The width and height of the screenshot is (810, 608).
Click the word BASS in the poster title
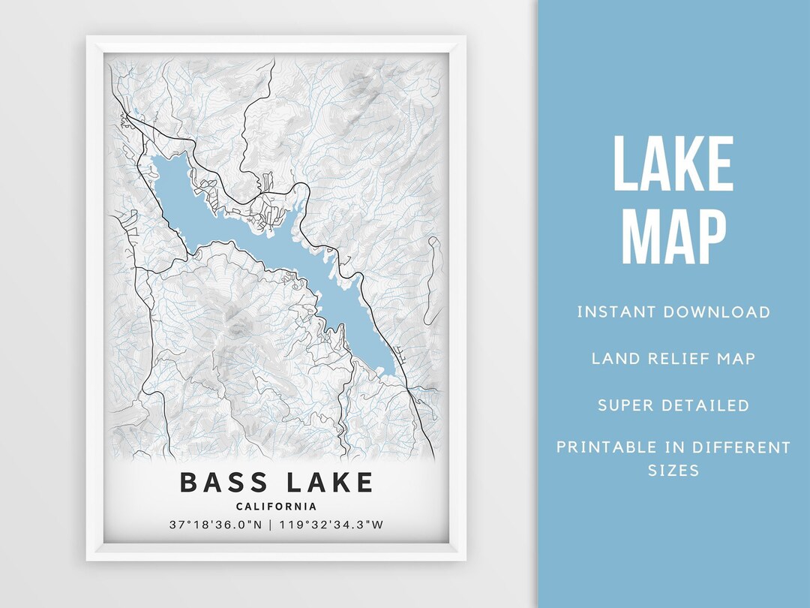pyautogui.click(x=226, y=482)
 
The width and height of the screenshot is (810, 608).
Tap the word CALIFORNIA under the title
pyautogui.click(x=276, y=507)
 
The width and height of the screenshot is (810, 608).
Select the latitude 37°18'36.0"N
pyautogui.click(x=216, y=525)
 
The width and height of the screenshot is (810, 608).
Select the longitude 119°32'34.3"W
pyautogui.click(x=331, y=525)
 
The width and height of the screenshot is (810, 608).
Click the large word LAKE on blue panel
pyautogui.click(x=673, y=164)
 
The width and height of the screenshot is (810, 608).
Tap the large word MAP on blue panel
pyautogui.click(x=673, y=236)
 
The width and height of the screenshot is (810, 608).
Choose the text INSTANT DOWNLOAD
pyautogui.click(x=673, y=312)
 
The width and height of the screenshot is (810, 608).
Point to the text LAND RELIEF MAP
pyautogui.click(x=673, y=358)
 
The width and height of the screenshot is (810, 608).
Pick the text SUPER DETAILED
pyautogui.click(x=673, y=405)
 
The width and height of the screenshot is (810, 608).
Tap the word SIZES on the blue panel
pyautogui.click(x=673, y=471)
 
